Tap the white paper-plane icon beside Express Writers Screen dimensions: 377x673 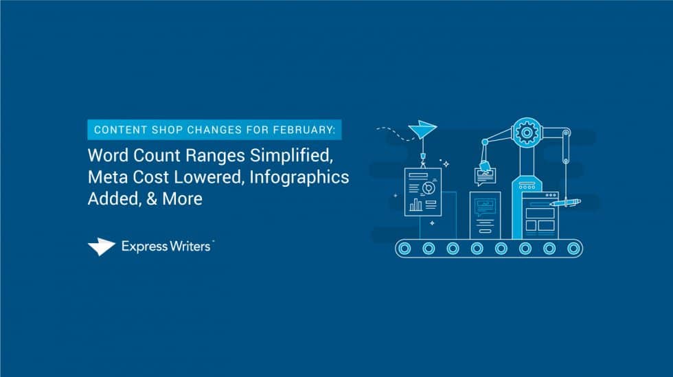click(102, 247)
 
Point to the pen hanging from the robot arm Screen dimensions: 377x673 click(565, 202)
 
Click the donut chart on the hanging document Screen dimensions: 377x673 click(429, 186)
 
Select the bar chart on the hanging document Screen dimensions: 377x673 click(415, 204)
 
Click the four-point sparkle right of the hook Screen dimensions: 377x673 click(446, 164)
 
